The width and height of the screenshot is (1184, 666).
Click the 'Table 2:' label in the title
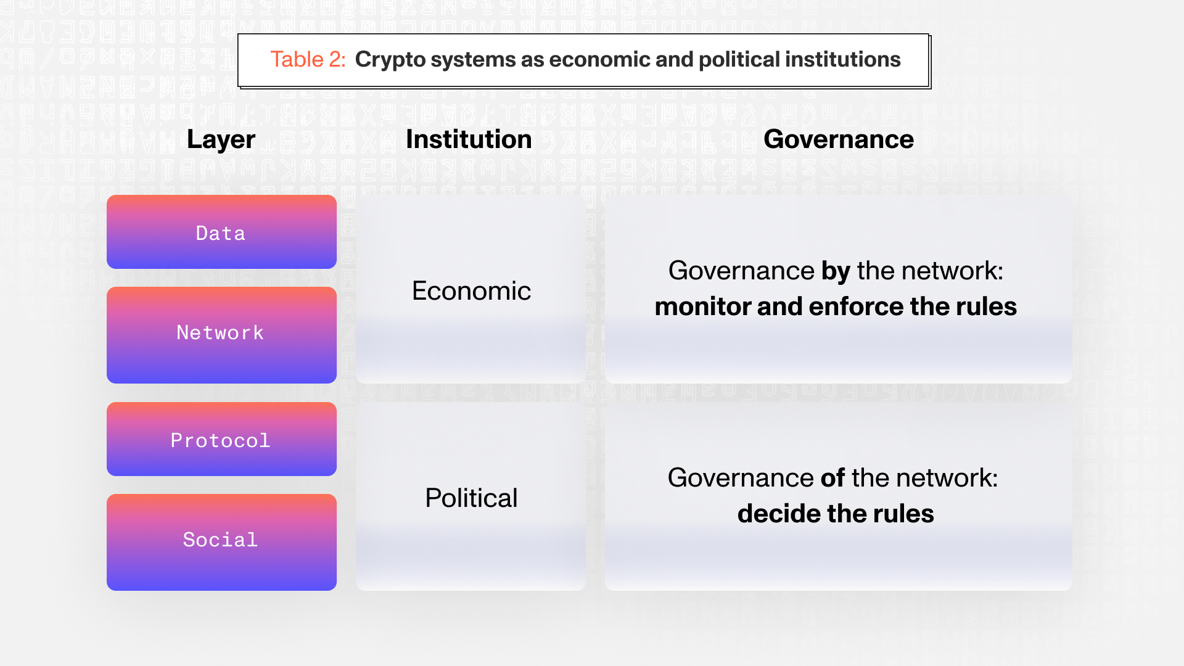coord(308,60)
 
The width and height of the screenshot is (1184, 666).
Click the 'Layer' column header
coord(221,140)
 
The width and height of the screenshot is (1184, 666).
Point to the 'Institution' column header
coord(469,139)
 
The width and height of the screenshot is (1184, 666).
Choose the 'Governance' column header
coord(839,139)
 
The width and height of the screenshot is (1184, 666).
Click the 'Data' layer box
coord(221,232)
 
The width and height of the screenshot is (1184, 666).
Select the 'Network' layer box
coord(221,335)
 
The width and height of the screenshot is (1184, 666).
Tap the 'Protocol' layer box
coord(221,439)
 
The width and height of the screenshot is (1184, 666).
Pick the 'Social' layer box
coord(221,542)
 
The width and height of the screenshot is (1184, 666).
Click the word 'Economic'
coord(471,291)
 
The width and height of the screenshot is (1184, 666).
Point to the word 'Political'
coord(471,498)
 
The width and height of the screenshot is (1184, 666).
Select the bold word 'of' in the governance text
coord(832,478)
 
